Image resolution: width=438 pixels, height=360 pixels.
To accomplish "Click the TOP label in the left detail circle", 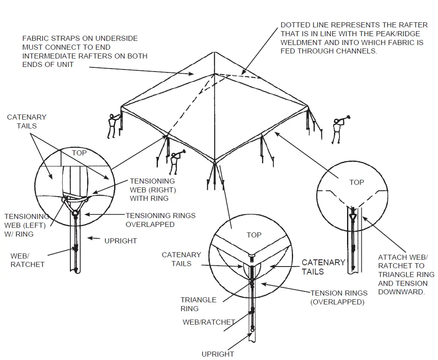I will (x=79, y=153).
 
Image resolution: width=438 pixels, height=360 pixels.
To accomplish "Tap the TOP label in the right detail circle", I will (x=356, y=182).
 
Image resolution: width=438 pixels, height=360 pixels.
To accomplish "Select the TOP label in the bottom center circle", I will (x=254, y=235).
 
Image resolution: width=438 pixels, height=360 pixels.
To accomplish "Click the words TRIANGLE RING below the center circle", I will (x=198, y=304).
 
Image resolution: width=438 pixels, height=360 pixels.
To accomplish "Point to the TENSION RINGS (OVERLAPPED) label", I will (x=339, y=297).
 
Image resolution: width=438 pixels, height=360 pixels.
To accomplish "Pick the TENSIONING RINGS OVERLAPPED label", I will (x=160, y=220).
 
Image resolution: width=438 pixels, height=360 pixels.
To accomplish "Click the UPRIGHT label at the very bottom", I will (x=217, y=354).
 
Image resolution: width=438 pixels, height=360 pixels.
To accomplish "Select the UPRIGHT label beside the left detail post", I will (x=120, y=241).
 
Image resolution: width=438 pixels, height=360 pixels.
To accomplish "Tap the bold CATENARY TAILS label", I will (x=323, y=267).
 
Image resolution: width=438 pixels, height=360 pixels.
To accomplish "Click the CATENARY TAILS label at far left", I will (x=27, y=121).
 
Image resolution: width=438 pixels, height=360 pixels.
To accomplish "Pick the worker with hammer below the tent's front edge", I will (x=174, y=163).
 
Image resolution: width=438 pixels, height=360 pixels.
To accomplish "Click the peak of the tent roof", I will (x=215, y=53).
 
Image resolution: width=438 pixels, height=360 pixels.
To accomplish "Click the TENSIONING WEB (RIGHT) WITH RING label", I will (x=152, y=189).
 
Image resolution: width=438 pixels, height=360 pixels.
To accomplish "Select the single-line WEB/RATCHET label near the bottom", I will (x=208, y=322).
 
